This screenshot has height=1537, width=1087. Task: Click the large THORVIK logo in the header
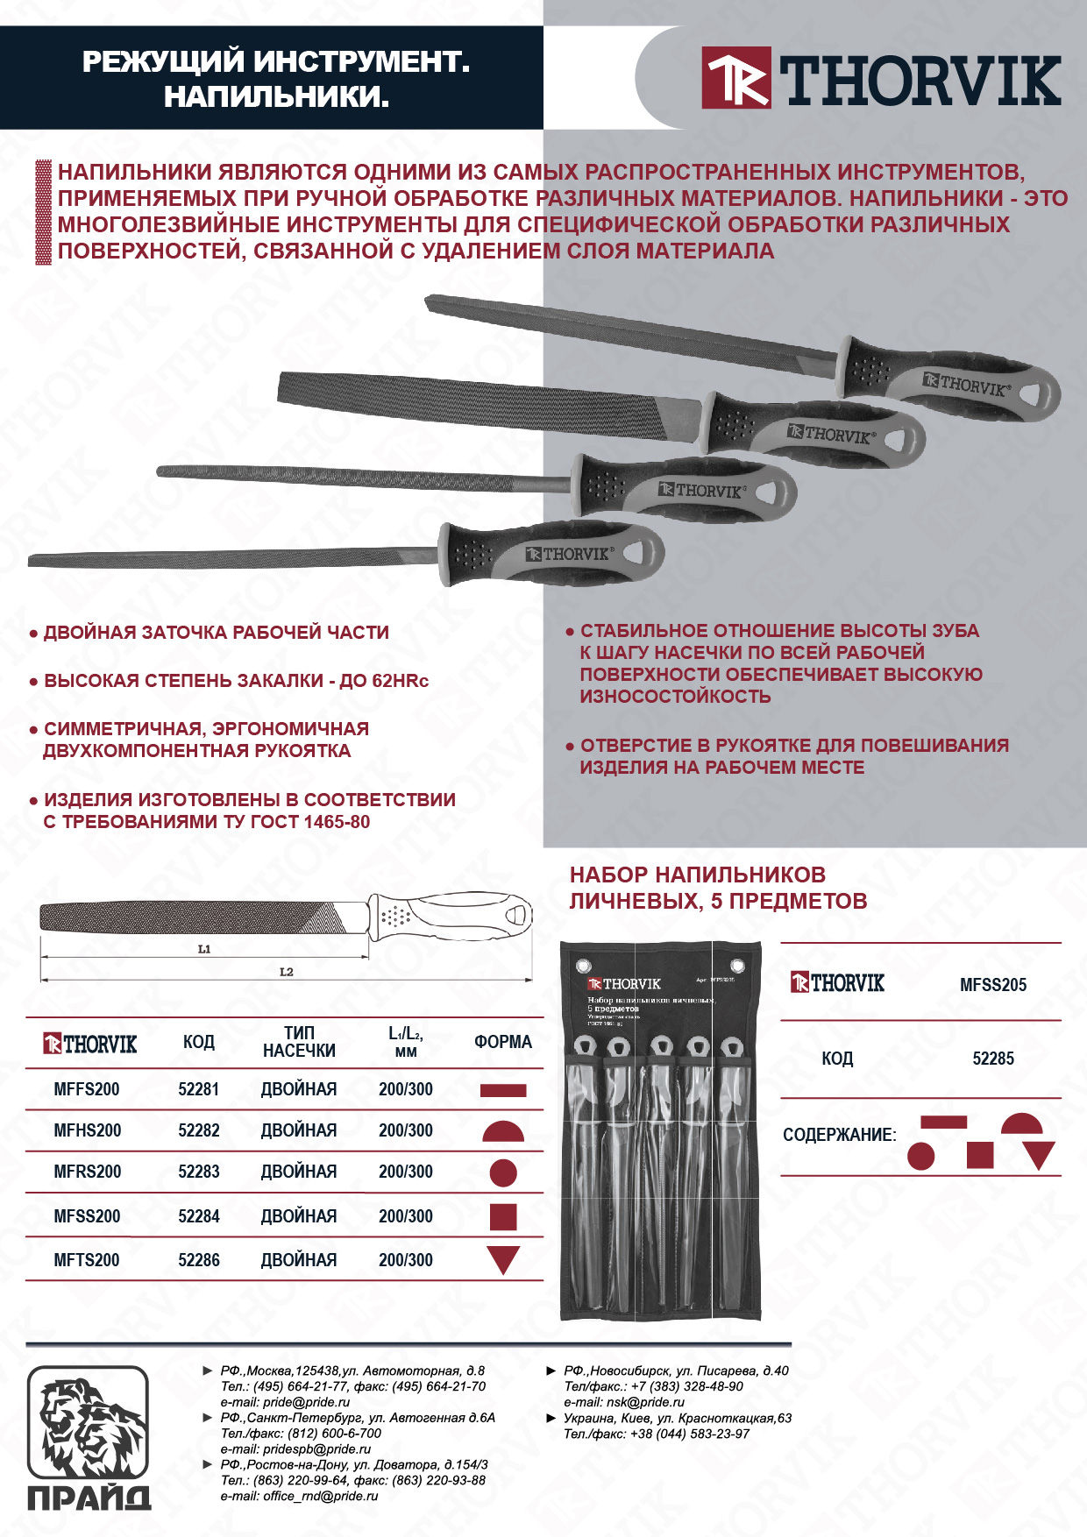pos(882,79)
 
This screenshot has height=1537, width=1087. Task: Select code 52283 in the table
pos(199,1172)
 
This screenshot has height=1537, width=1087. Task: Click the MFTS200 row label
pos(87,1260)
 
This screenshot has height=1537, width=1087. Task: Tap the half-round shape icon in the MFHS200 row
pos(503,1131)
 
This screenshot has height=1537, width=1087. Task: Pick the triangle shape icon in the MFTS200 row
pos(503,1260)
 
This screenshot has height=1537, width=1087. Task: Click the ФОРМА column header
pos(503,1042)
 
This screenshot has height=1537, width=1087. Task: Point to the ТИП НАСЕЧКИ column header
pos(299,1042)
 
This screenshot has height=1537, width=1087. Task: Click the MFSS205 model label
pos(992,985)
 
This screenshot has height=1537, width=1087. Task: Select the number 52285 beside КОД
pos(992,1059)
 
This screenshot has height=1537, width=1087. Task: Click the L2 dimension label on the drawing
pos(286,972)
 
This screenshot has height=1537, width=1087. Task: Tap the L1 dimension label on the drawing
pos(204,949)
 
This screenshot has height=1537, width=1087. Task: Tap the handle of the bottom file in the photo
pos(552,555)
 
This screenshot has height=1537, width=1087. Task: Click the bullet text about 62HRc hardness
pos(236,681)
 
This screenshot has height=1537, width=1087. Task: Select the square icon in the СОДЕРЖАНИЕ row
pos(979,1155)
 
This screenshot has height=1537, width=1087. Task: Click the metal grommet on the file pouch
pos(581,967)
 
